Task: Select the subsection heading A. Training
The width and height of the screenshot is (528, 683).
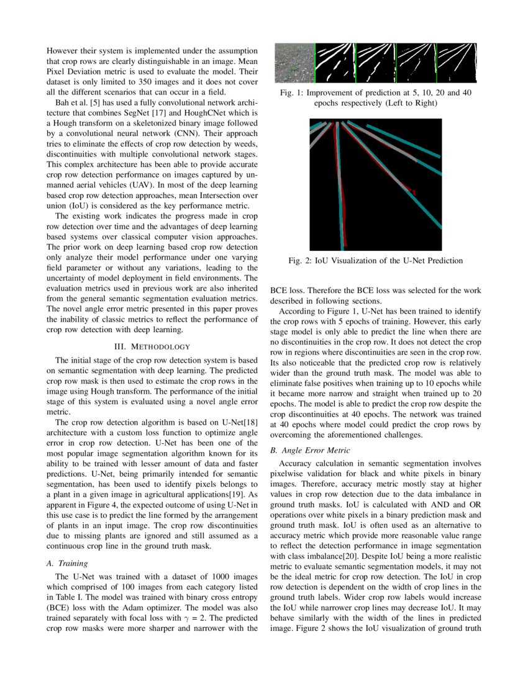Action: click(x=68, y=563)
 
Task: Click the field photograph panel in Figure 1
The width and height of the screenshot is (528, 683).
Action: click(x=294, y=64)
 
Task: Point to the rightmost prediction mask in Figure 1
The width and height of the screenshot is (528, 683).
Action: click(x=457, y=64)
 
